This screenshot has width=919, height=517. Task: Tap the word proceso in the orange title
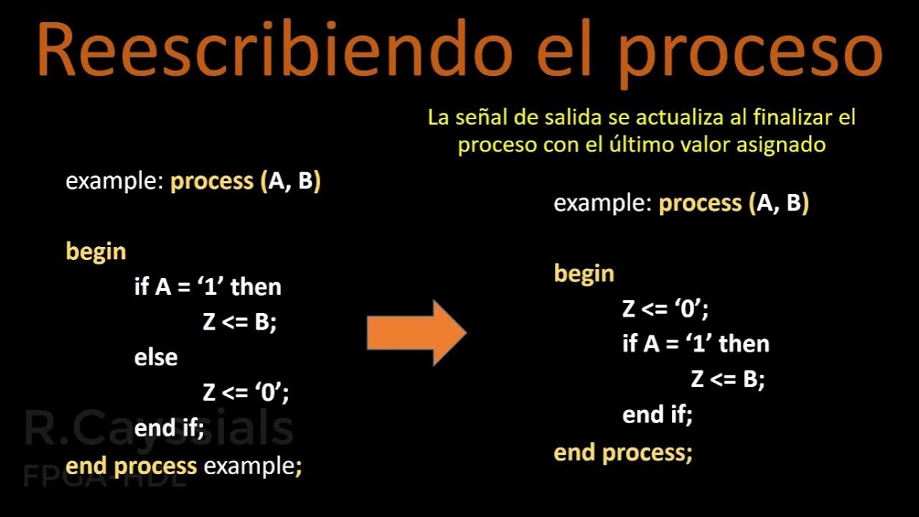click(x=750, y=54)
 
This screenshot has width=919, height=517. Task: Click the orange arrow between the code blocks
click(x=416, y=332)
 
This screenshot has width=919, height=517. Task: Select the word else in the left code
click(x=156, y=357)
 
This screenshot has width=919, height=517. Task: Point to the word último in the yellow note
click(x=656, y=144)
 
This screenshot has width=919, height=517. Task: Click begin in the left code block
click(x=95, y=251)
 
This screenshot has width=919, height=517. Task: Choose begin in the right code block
click(x=584, y=274)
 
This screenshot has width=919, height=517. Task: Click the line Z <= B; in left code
click(x=239, y=322)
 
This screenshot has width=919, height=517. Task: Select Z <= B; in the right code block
click(x=727, y=379)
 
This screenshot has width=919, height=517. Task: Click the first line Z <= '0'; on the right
click(x=666, y=309)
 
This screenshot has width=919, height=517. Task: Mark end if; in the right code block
click(x=657, y=415)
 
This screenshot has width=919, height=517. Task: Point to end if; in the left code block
click(x=169, y=429)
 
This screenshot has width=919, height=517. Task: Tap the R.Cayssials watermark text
click(x=158, y=429)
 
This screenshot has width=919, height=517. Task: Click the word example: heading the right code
click(x=602, y=203)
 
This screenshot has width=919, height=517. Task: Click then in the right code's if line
click(x=744, y=344)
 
